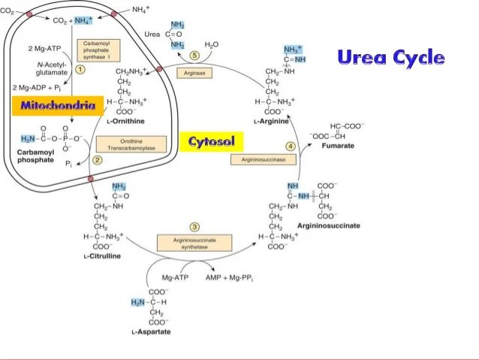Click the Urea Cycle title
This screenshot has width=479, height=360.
tap(390, 57)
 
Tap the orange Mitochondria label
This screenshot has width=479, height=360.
tap(57, 106)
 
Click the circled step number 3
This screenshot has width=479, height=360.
tap(194, 226)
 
